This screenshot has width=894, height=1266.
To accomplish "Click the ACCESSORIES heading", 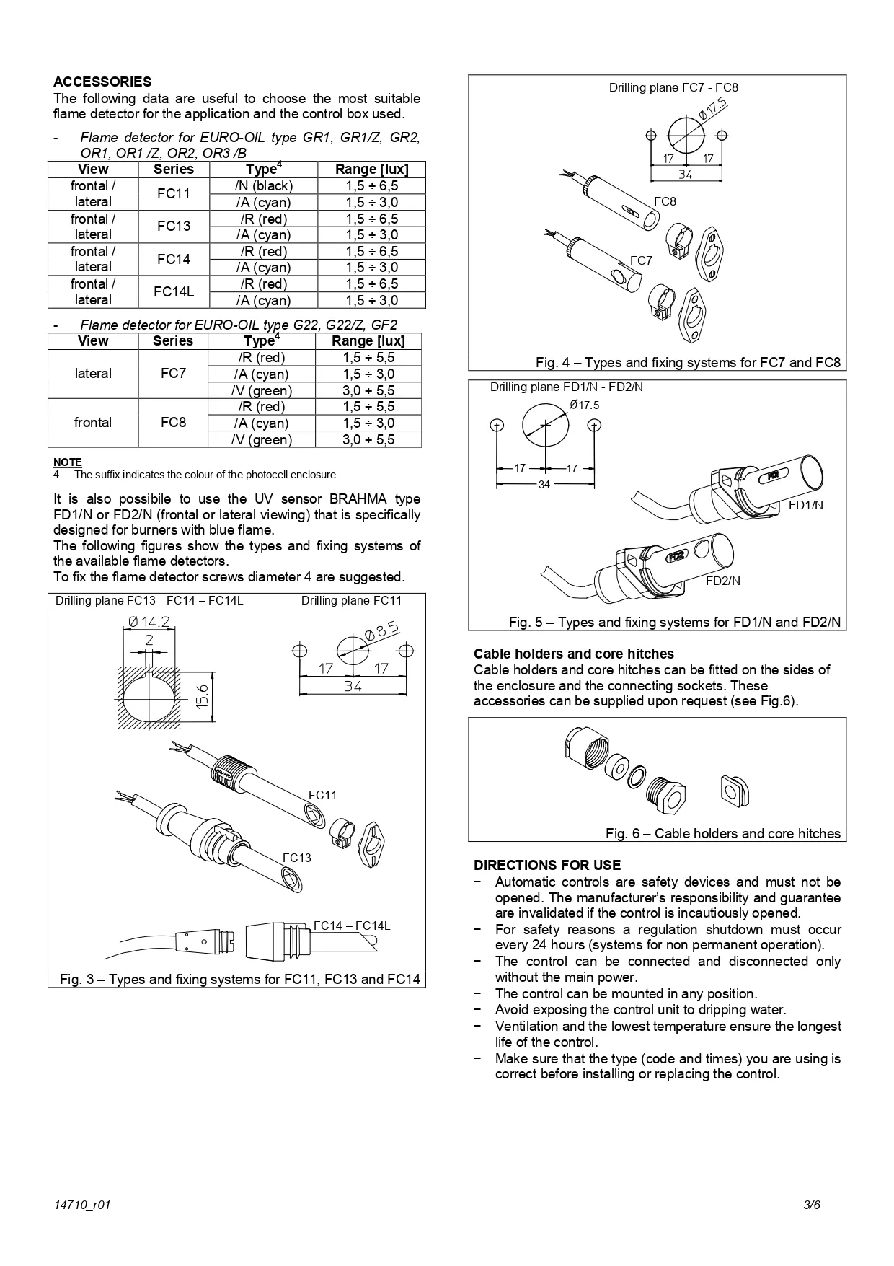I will (x=102, y=82).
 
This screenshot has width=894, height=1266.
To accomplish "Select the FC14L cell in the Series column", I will (x=174, y=292).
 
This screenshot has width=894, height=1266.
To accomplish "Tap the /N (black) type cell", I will (x=263, y=185).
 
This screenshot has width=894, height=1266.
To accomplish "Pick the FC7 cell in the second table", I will (x=173, y=374).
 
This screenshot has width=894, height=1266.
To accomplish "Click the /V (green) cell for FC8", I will (x=261, y=439).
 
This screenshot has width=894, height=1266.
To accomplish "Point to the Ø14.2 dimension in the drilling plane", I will (x=149, y=621).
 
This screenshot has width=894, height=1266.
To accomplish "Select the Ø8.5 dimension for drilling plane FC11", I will (x=381, y=631).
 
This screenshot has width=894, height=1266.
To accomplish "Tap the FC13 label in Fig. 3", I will (x=296, y=858).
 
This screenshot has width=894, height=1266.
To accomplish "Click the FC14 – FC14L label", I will (x=352, y=926).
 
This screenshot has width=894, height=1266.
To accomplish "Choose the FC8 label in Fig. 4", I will (x=665, y=201).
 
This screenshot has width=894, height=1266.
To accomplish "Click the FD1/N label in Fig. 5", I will (x=805, y=505).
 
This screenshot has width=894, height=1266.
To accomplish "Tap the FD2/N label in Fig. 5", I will (x=722, y=581).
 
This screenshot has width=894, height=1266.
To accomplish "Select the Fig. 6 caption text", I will (x=722, y=833).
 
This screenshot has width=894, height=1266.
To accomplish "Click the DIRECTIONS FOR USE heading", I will (x=546, y=865).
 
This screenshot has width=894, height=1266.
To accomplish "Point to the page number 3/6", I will (x=812, y=1205).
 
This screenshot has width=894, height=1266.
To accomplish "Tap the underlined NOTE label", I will (x=67, y=462).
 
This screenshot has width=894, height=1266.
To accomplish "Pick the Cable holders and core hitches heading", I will (x=573, y=654).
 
